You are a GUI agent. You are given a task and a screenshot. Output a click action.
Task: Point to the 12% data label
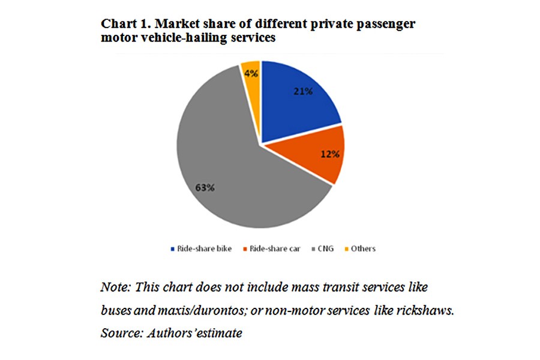[330, 154]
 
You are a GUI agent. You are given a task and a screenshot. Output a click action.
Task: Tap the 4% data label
[251, 73]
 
